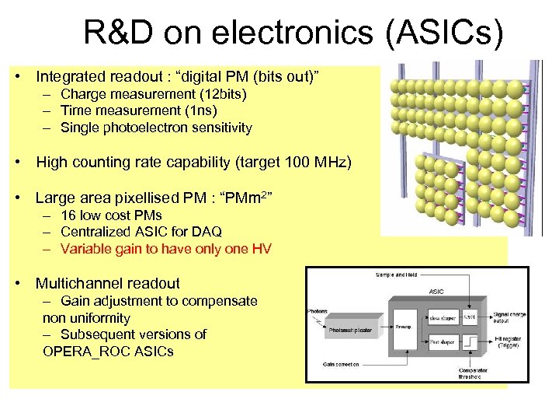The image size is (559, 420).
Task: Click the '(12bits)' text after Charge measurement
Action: [221, 94]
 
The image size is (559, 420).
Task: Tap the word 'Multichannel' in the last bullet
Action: [80, 284]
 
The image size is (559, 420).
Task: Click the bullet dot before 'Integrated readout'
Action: [16, 77]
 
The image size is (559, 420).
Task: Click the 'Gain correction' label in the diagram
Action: [342, 364]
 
